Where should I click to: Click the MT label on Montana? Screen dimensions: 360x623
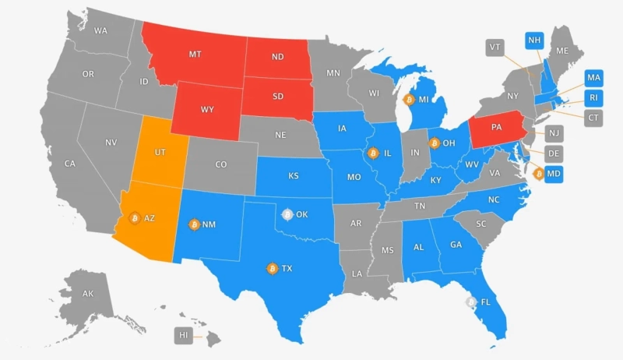pos(195,55)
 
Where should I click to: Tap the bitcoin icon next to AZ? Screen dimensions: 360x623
pos(134,217)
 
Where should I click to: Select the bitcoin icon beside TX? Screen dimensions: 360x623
pos(272,269)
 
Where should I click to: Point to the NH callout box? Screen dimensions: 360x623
pos(534,41)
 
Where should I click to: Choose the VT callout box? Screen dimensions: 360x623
pos(494,46)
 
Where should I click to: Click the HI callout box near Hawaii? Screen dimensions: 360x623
pos(184,336)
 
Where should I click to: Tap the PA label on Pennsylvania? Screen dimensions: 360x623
pos(496,126)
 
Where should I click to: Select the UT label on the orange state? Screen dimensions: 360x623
pos(159,151)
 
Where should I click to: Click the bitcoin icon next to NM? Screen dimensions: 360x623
pos(194,224)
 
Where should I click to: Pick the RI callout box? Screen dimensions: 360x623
pos(593,98)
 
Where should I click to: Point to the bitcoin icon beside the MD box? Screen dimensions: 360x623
pos(538,173)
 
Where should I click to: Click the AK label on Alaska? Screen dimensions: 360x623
pos(88,294)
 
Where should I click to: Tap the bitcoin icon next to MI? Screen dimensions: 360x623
pos(407,100)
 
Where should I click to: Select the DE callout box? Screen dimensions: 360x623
pos(554,153)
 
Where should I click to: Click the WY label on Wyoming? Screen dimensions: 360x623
pos(207,109)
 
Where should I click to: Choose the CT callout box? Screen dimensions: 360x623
pos(593,118)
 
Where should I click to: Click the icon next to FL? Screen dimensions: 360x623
pos(470,302)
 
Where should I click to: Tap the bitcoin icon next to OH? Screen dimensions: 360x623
pos(434,143)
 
